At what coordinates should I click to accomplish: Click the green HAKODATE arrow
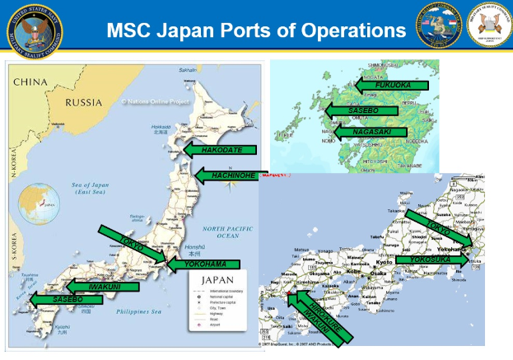click(x=218, y=150)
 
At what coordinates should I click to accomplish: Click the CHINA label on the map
click(x=31, y=82)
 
